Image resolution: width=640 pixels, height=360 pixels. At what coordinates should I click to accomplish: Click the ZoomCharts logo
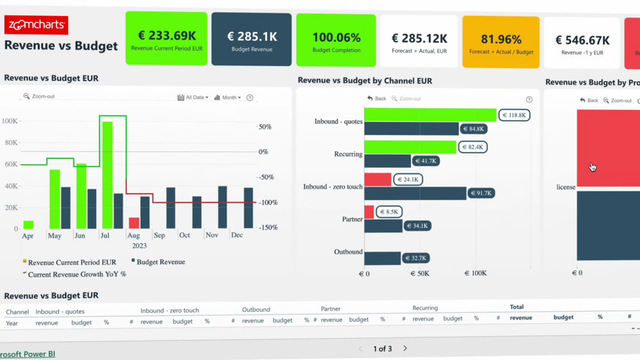click(36, 25)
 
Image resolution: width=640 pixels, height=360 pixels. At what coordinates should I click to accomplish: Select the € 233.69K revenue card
click(166, 38)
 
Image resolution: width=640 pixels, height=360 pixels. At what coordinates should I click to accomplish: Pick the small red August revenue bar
click(134, 223)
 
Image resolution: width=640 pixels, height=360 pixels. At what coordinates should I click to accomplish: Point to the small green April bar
click(28, 224)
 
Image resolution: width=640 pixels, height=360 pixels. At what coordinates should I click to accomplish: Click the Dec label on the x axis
click(237, 236)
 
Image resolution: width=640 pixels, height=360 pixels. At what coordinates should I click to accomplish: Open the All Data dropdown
click(193, 97)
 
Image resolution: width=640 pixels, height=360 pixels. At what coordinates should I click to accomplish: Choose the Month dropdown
click(227, 97)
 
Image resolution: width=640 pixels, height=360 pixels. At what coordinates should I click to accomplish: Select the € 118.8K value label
click(514, 115)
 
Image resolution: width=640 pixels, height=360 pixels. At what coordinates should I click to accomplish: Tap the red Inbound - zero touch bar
click(377, 180)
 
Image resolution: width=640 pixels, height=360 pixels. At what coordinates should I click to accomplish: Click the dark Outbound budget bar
click(382, 258)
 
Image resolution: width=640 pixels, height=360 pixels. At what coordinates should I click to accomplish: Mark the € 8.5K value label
click(388, 212)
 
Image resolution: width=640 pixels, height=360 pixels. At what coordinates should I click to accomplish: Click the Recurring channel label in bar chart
click(348, 154)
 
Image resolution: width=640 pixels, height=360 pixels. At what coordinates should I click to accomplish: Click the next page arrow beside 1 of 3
click(405, 348)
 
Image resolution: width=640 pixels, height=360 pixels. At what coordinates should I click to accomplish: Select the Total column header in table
click(517, 307)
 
